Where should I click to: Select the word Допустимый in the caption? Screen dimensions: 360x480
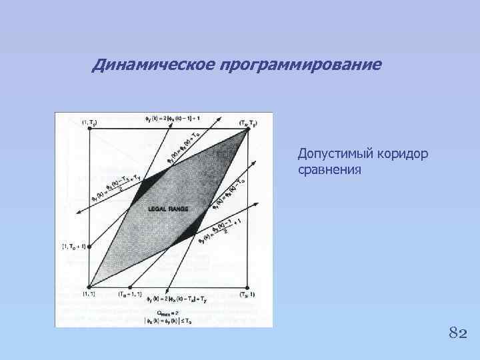click(x=331, y=154)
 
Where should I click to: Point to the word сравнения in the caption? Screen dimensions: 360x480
click(x=330, y=170)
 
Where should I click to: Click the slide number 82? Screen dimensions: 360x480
click(x=457, y=333)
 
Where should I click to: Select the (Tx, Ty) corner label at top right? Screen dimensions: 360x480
click(x=248, y=123)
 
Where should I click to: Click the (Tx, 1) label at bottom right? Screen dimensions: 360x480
click(x=247, y=293)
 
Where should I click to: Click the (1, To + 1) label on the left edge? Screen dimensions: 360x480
click(x=75, y=246)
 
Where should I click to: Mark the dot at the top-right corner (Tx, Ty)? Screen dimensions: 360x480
click(x=247, y=130)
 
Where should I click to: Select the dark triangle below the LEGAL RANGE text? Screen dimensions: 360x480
click(x=187, y=234)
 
